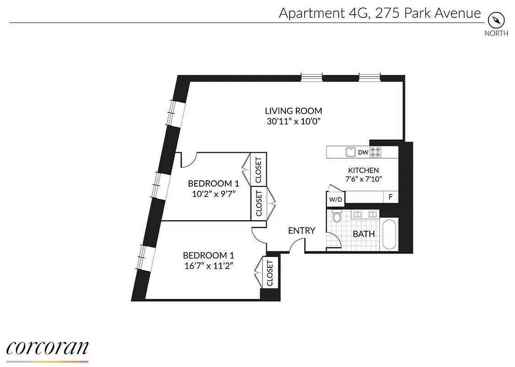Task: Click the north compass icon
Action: (496, 20)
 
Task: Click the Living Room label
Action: (293, 111)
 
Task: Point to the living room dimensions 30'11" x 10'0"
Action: (293, 122)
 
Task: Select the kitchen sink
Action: (351, 151)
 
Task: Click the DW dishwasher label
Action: (363, 152)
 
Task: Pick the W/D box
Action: (334, 200)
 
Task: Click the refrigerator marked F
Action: (391, 197)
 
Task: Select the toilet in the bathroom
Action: (337, 216)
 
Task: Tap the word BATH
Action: (364, 234)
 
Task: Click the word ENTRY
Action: (301, 231)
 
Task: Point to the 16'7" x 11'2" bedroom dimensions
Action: (205, 266)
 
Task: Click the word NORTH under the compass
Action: (496, 33)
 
